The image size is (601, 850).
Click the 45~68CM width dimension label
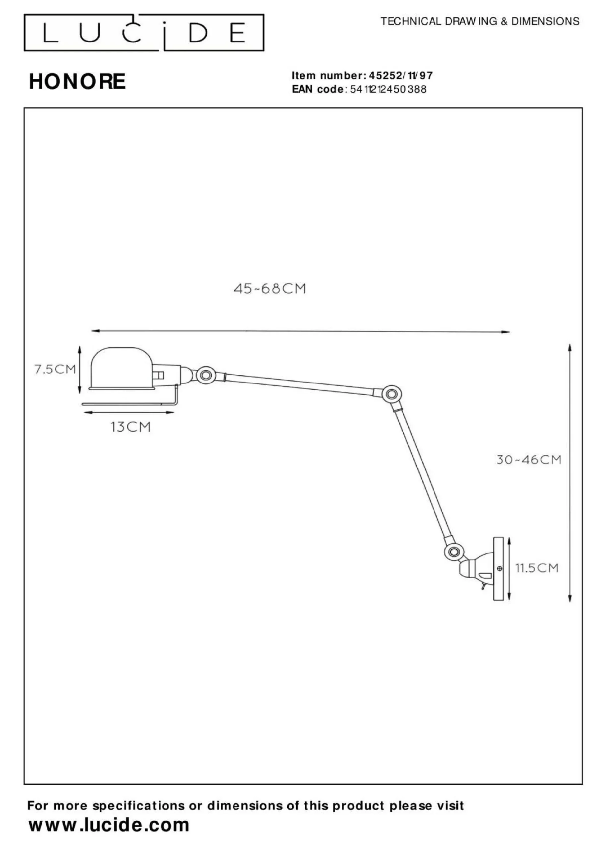[270, 289]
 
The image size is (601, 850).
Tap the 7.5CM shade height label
[55, 369]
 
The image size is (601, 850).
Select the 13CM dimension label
[131, 427]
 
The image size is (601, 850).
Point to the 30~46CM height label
[529, 460]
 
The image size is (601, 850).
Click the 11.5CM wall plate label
[537, 568]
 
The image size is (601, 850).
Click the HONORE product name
[77, 81]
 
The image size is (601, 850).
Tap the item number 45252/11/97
[401, 76]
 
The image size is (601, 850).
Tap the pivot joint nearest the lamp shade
[206, 375]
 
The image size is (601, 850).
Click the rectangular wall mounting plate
[499, 568]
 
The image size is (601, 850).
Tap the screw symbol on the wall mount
[499, 568]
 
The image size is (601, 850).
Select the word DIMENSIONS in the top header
[546, 22]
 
